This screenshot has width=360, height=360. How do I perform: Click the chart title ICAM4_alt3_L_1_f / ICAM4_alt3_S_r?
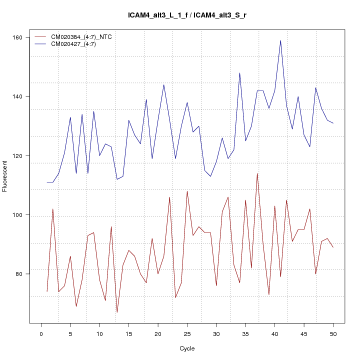[186, 15]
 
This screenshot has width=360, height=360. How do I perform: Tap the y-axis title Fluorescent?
[5, 175]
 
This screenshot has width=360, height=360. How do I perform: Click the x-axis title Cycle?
[186, 348]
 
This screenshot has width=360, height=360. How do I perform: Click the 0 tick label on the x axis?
[41, 333]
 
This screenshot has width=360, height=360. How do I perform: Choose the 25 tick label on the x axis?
[187, 333]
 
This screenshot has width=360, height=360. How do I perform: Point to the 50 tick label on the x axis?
[333, 333]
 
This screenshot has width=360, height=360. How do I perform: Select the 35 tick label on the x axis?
[245, 333]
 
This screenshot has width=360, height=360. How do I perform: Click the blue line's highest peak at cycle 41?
[280, 40]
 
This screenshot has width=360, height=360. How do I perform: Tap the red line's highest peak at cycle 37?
[257, 173]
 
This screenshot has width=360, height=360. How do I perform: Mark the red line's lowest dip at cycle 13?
[117, 312]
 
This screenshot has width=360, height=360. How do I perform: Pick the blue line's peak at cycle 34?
[239, 73]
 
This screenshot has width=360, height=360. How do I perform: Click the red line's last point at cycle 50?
[333, 247]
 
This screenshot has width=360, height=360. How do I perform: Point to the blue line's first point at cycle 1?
[47, 182]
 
